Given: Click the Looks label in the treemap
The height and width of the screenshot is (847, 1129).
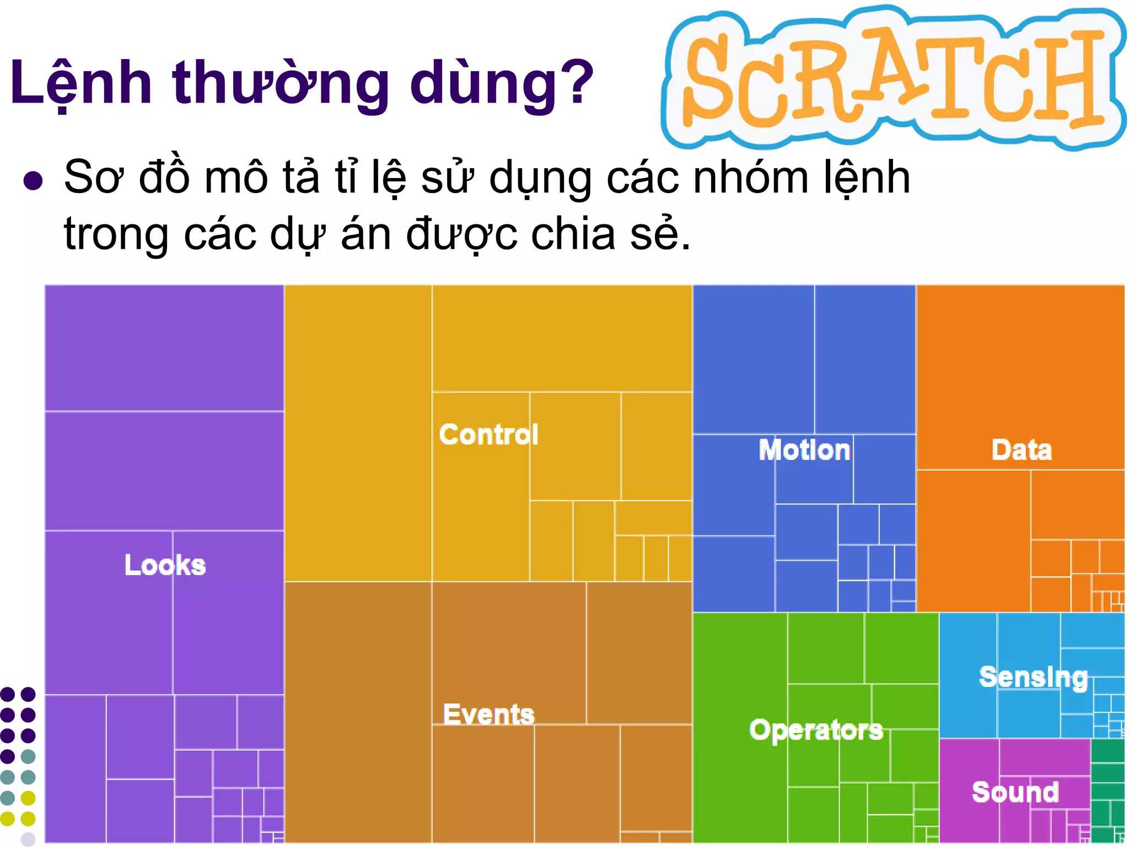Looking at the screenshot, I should [165, 565].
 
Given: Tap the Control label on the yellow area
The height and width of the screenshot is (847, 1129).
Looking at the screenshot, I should [488, 435].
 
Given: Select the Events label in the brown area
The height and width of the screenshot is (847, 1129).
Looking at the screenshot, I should [488, 714].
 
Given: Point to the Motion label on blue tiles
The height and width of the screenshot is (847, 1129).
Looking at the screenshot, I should [804, 449].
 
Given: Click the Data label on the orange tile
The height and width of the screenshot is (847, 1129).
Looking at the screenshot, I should [1022, 449].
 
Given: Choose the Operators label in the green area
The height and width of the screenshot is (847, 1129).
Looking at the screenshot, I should [816, 730].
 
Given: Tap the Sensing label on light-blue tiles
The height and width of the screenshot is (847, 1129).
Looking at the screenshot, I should [1034, 677].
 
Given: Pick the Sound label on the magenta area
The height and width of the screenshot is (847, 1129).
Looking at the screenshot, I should [1015, 792].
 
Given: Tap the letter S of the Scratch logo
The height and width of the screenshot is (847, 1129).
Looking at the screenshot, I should [711, 77].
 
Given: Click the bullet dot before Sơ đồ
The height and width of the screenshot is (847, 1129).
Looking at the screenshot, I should [33, 180].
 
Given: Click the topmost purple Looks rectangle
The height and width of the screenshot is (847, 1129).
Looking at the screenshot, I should [164, 347].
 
